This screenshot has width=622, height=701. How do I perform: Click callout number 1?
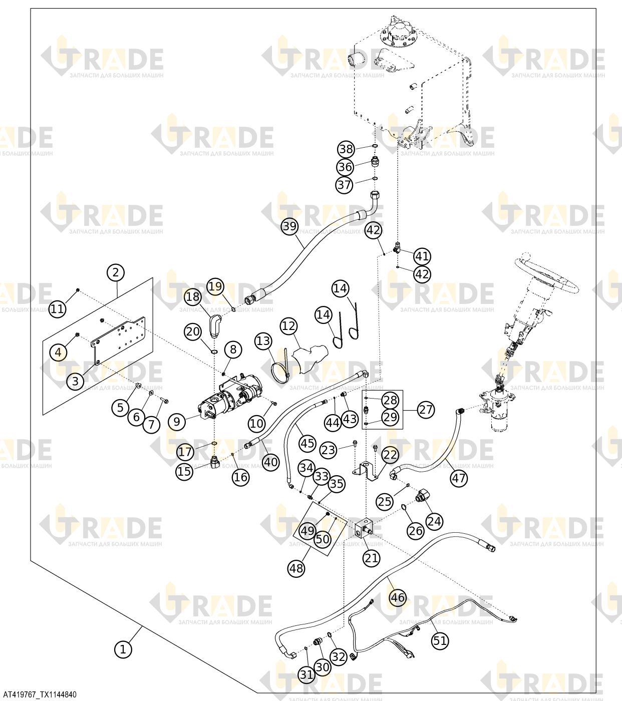(x=123, y=649)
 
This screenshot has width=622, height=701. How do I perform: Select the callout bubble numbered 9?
(x=177, y=422)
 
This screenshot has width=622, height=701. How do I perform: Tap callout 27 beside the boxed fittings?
(x=426, y=410)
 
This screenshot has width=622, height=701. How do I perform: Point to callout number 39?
(x=289, y=226)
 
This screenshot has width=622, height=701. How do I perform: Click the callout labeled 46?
(x=397, y=597)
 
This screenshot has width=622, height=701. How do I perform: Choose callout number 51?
(x=440, y=641)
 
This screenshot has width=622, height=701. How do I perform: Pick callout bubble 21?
(x=372, y=558)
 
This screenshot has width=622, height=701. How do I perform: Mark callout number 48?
(x=296, y=568)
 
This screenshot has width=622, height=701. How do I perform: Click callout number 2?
(x=116, y=272)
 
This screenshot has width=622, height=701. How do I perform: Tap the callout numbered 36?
(x=345, y=167)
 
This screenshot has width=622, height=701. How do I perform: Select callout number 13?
(x=263, y=341)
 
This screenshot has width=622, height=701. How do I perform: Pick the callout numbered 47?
(x=459, y=478)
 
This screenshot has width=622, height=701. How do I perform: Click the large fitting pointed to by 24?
(x=423, y=496)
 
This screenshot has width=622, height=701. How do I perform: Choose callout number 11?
(x=58, y=308)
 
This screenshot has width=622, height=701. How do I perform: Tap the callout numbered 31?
(x=306, y=674)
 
